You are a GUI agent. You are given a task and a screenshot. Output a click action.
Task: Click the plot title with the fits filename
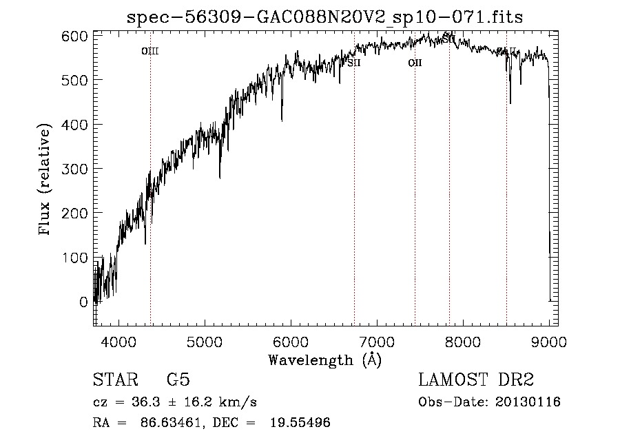(x=325, y=17)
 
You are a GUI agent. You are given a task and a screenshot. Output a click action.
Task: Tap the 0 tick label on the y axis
(x=84, y=302)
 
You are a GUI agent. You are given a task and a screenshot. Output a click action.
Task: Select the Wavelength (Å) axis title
(x=324, y=360)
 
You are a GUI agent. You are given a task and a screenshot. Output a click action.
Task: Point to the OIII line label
(x=149, y=52)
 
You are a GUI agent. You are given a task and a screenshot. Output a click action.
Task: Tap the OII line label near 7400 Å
(x=415, y=63)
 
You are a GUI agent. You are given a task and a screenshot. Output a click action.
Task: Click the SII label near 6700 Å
(x=354, y=63)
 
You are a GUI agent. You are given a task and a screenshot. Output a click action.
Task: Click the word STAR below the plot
(x=114, y=380)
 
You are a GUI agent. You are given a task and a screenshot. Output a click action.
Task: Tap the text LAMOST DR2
(x=476, y=380)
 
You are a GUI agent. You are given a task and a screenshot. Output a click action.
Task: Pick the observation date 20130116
(x=531, y=402)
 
